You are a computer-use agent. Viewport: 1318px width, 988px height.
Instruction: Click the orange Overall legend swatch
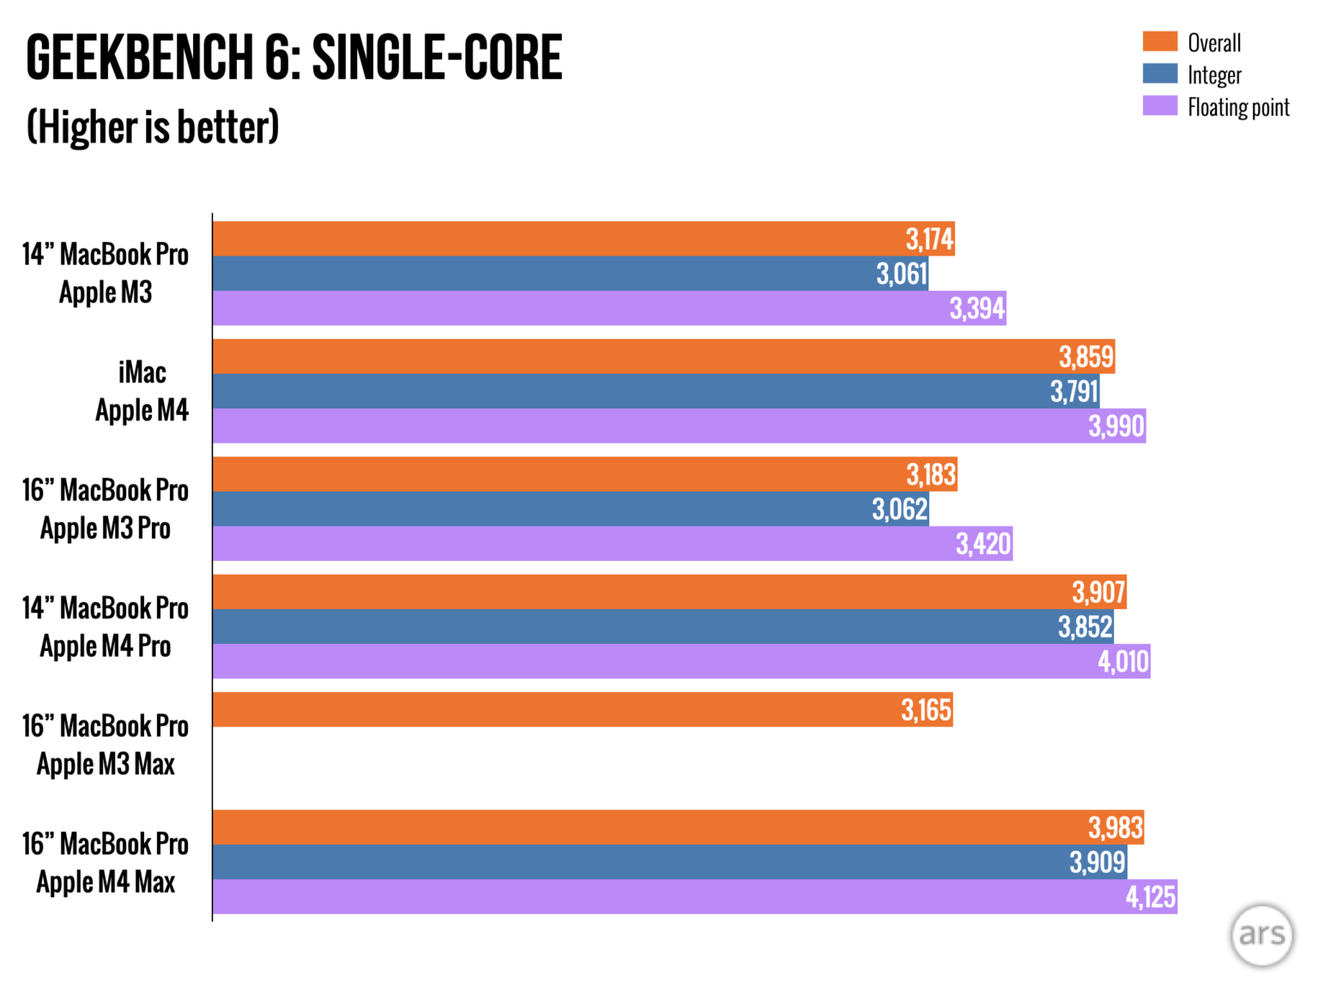click(1159, 41)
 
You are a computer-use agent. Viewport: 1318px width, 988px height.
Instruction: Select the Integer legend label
click(1214, 75)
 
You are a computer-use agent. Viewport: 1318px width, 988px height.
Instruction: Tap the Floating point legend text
click(1238, 107)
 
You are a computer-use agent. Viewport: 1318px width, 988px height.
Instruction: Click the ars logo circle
click(1261, 935)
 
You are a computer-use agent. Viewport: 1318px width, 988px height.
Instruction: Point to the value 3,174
click(929, 238)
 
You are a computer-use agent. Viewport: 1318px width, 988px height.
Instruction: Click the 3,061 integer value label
click(901, 274)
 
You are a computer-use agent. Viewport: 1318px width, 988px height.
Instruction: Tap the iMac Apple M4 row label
click(142, 391)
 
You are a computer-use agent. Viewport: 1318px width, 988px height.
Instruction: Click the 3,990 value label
click(1116, 425)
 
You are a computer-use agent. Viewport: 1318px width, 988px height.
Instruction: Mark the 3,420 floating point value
click(983, 544)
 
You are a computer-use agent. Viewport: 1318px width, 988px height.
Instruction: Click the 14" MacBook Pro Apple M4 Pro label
click(106, 627)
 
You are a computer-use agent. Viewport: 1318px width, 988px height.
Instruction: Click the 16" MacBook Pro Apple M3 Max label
click(106, 744)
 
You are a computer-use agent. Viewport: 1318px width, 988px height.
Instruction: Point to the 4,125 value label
click(1151, 896)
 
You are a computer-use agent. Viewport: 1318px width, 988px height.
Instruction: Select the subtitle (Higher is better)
click(153, 127)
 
